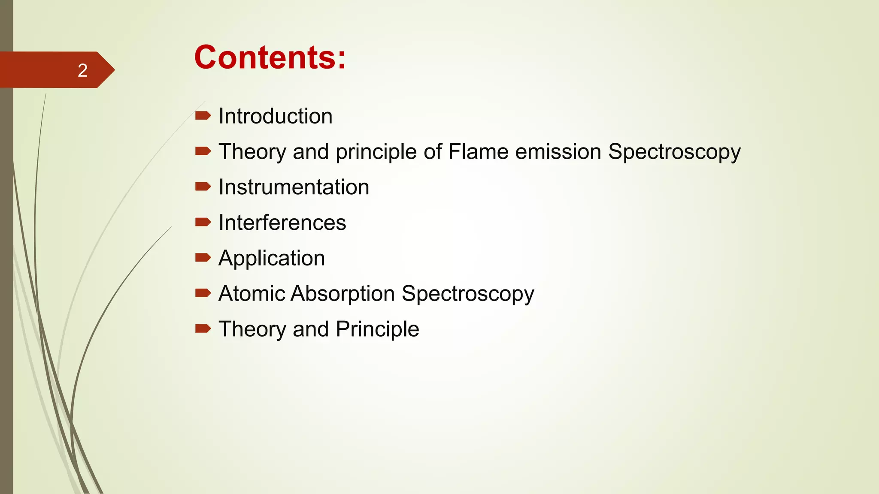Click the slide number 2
tap(82, 70)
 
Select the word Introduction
tap(276, 116)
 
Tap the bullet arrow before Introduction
tap(203, 115)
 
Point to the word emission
tap(558, 152)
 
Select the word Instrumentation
tap(294, 187)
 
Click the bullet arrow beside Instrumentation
tap(203, 186)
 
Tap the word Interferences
tap(282, 223)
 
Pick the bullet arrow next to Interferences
tap(203, 222)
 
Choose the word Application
tap(272, 259)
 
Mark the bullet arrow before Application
tap(203, 257)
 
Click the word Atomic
tap(252, 294)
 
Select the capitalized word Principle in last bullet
tap(377, 329)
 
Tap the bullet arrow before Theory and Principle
tap(203, 328)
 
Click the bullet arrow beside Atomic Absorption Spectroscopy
tap(203, 293)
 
